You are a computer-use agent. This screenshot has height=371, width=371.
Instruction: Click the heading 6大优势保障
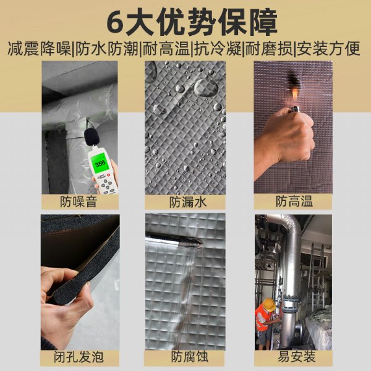pyautogui.click(x=192, y=23)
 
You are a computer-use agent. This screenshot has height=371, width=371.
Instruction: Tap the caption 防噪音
pyautogui.click(x=79, y=202)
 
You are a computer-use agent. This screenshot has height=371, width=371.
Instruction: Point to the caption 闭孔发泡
pyautogui.click(x=79, y=357)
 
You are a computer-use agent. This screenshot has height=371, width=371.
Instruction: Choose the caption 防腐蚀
pyautogui.click(x=190, y=357)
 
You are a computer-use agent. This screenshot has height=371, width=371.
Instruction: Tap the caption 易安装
pyautogui.click(x=297, y=356)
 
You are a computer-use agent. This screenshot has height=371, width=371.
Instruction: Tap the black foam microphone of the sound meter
pyautogui.click(x=92, y=137)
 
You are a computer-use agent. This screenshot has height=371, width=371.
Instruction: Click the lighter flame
pyautogui.click(x=294, y=94)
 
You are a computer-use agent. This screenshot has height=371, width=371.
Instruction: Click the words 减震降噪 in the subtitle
pyautogui.click(x=40, y=49)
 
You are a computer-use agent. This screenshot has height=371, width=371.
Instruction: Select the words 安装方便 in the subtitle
pyautogui.click(x=328, y=49)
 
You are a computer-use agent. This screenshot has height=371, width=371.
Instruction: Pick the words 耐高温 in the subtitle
pyautogui.click(x=166, y=49)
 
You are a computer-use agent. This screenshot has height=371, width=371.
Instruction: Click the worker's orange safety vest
pyautogui.click(x=262, y=318)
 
